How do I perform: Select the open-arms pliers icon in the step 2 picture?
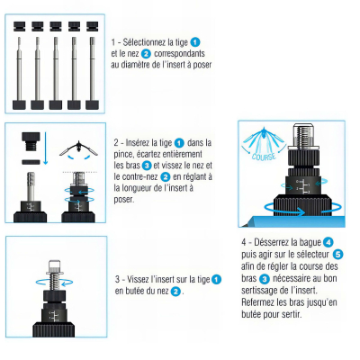79,148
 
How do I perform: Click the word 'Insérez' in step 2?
147,142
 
